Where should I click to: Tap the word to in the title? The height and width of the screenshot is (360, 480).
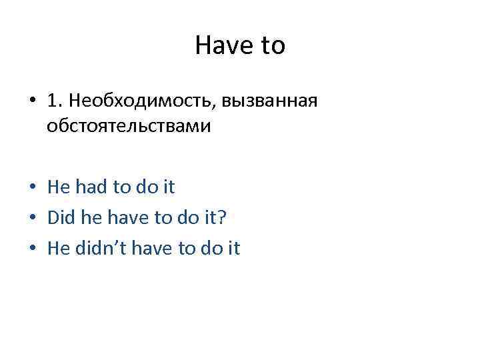(271, 45)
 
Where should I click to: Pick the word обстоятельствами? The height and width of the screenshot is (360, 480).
(129, 126)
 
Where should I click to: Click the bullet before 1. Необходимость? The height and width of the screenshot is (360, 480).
(33, 101)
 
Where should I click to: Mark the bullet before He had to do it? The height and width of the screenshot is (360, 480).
(33, 188)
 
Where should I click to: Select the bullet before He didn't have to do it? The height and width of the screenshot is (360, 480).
(33, 249)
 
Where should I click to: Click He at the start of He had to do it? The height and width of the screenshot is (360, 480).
(59, 187)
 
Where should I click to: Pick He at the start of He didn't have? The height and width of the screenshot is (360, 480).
(59, 249)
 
